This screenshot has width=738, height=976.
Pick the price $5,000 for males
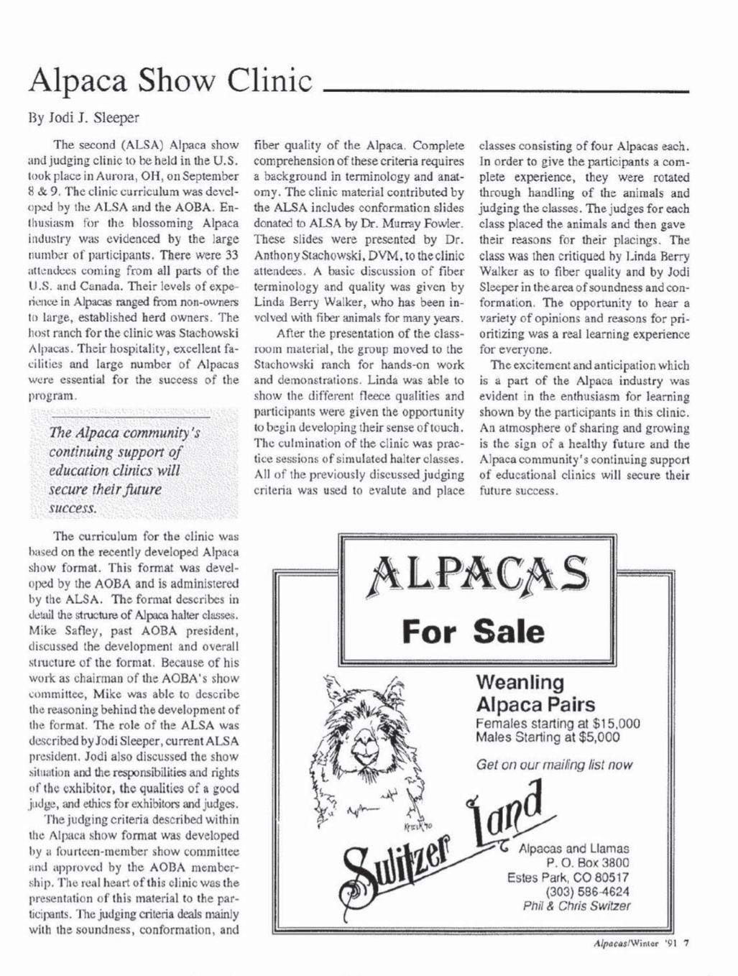[x=594, y=737]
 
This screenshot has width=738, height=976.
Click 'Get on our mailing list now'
[x=554, y=765]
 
